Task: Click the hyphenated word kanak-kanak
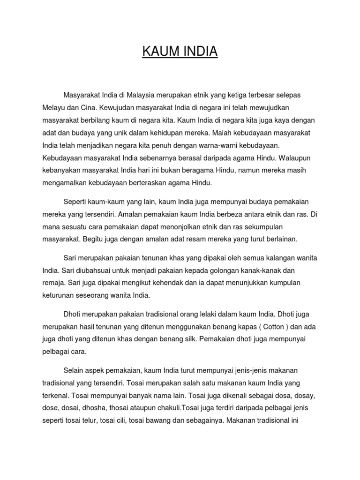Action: (x=280, y=271)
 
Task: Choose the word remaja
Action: (x=53, y=283)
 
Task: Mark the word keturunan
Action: (x=59, y=295)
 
